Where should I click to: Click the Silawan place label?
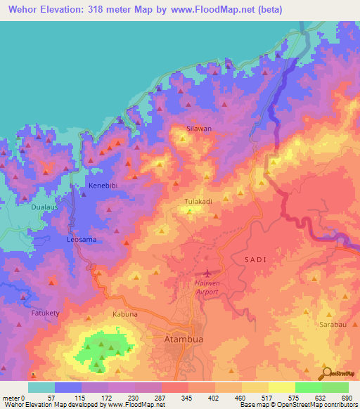pyautogui.click(x=198, y=129)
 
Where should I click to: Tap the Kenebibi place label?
pyautogui.click(x=102, y=186)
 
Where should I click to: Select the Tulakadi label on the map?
pyautogui.click(x=198, y=202)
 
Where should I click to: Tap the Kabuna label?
pyautogui.click(x=125, y=314)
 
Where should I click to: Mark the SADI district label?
pyautogui.click(x=255, y=260)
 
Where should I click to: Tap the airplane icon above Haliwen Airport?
pyautogui.click(x=208, y=273)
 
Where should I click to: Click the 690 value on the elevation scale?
pyautogui.click(x=346, y=398)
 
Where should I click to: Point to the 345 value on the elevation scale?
pyautogui.click(x=187, y=398)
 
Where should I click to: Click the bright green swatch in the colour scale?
pyautogui.click(x=308, y=387)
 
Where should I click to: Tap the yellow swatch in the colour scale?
pyautogui.click(x=281, y=387)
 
